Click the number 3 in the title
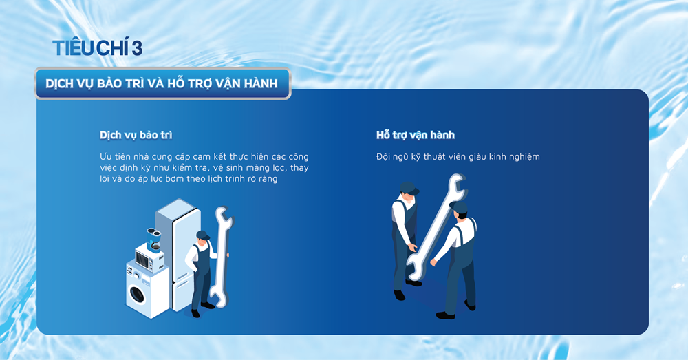(137, 47)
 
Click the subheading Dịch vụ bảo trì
(136, 135)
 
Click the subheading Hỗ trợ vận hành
(415, 135)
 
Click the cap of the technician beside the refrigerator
(202, 235)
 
